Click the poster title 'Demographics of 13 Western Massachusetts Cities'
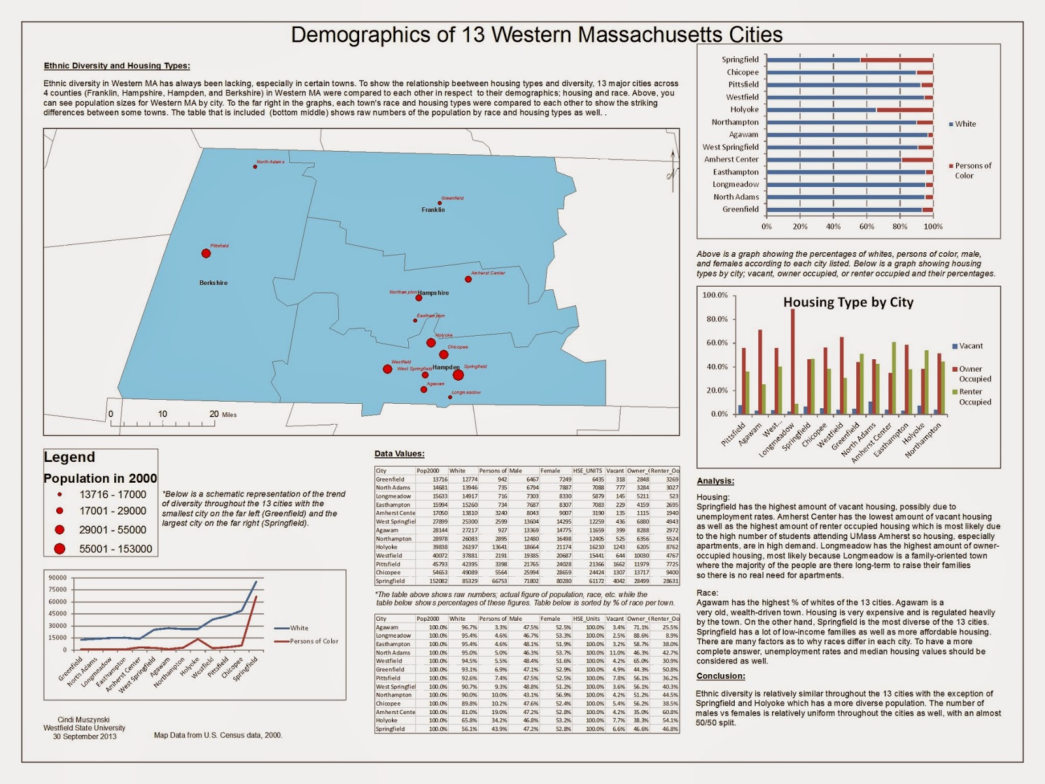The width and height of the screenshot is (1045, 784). pos(536,35)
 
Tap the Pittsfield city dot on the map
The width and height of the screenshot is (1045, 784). pos(206,253)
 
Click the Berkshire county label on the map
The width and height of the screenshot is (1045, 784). pos(214,283)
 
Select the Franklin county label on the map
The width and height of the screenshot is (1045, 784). pos(433,210)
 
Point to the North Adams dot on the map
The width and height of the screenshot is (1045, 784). pos(255,167)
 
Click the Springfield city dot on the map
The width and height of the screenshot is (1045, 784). pos(458,375)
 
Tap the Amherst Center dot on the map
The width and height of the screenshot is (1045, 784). pos(468,279)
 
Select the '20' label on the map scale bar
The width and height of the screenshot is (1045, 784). pos(214,414)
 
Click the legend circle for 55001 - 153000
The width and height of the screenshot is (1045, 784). pos(60,549)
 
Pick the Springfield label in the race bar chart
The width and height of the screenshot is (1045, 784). pos(740,59)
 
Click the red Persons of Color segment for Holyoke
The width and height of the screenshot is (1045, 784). pos(905,110)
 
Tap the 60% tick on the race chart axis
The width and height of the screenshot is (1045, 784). pos(867,227)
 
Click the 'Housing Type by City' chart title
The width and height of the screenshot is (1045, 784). pos(848,302)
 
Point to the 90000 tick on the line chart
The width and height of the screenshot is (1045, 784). pos(57,578)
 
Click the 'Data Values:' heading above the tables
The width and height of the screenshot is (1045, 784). pos(399,453)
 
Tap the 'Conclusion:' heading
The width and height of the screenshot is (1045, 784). pos(720,676)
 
